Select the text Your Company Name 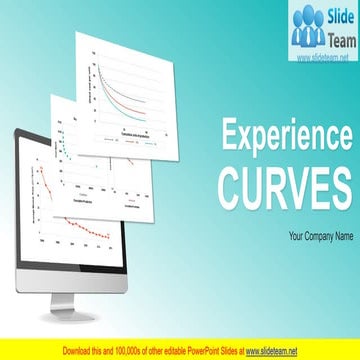tap(321, 237)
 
